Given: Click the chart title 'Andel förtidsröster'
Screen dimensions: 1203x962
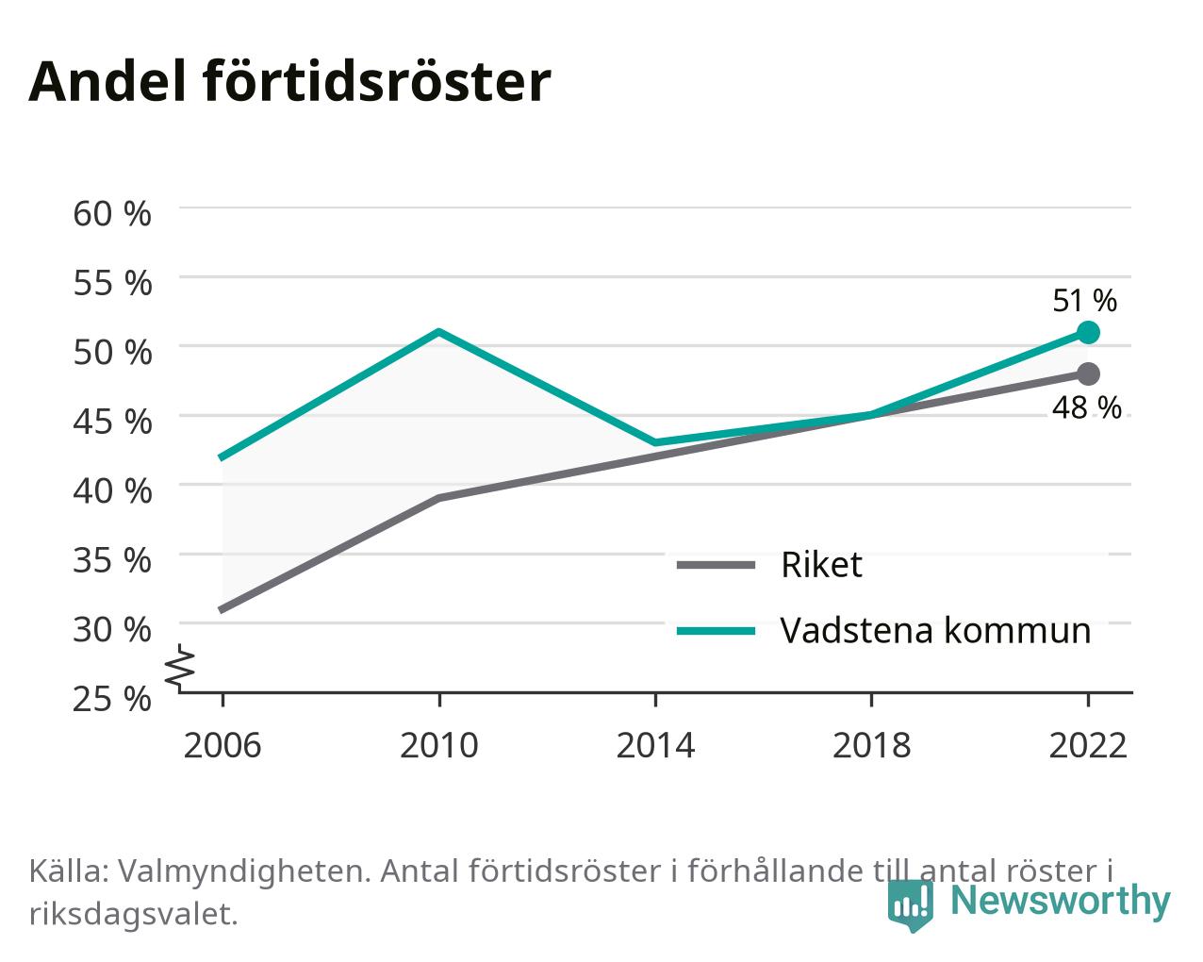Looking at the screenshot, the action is coord(289,82).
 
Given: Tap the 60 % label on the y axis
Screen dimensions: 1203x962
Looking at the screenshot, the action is coord(112,214).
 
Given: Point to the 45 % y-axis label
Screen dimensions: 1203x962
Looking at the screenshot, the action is coord(112,422).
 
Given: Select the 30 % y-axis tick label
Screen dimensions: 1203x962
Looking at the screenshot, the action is coord(112,629).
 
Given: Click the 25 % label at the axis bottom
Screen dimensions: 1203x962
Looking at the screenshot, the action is coord(112,699).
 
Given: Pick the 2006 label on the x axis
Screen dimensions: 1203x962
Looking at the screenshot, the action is coord(222,745).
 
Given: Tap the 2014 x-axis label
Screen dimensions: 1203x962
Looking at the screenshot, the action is coord(655,745).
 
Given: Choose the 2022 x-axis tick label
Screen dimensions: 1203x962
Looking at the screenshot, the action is coord(1088,745).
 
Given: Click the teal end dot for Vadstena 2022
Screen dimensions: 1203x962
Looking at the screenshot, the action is coord(1088,332).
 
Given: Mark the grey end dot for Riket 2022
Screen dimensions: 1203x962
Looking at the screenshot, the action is coord(1088,373).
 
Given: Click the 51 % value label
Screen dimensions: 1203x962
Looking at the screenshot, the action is coord(1084,301).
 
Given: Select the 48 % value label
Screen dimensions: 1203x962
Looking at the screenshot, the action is coord(1086,407).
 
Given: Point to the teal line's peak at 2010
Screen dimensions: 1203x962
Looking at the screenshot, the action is coord(439,332).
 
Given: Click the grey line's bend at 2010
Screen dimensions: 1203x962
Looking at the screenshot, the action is coord(439,498).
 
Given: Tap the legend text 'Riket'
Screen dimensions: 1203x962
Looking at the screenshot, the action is coord(821,565).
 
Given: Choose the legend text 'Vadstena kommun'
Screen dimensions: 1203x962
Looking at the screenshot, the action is coord(936,631).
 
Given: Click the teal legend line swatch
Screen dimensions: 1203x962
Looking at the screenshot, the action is coord(716,631).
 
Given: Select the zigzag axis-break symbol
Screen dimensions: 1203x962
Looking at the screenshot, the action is coord(180,666).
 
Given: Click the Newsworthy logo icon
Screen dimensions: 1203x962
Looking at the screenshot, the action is coord(910,904).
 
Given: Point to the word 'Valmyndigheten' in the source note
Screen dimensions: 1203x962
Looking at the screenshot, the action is coord(244,871).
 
